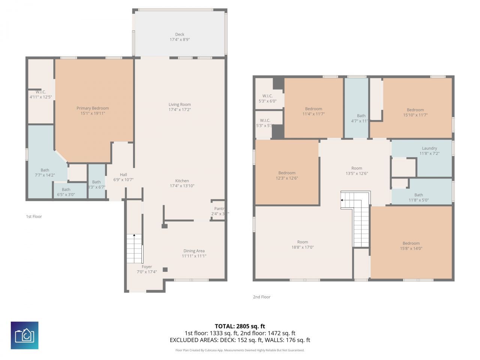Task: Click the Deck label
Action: coord(180,34)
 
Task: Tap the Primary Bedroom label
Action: coord(93,108)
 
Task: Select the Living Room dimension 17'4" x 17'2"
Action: coord(180,110)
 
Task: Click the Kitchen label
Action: coord(182,181)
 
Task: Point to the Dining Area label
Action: coord(194,251)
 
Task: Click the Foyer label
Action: coord(147,267)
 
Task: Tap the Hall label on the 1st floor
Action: coord(123,175)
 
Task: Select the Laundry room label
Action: coord(429,148)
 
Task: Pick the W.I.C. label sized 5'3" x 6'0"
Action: coord(267,96)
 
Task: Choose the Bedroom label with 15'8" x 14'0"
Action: coord(411,243)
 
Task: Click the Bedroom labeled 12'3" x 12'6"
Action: coord(287,173)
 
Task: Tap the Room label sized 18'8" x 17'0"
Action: coord(303,242)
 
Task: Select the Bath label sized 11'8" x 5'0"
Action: coord(418,195)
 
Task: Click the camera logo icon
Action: coord(24,335)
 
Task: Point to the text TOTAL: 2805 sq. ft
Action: coord(240,326)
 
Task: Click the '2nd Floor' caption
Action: coord(261,297)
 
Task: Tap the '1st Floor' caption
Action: coord(34,216)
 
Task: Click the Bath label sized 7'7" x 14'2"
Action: coord(45,170)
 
